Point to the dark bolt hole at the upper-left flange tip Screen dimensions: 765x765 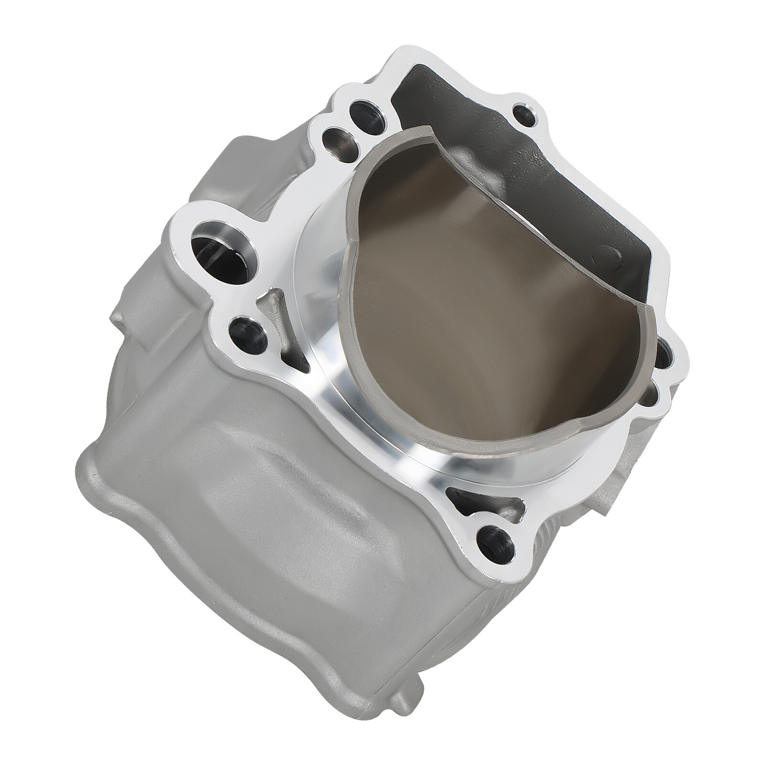(x=362, y=112)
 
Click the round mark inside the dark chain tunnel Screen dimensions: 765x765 (x=603, y=254)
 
